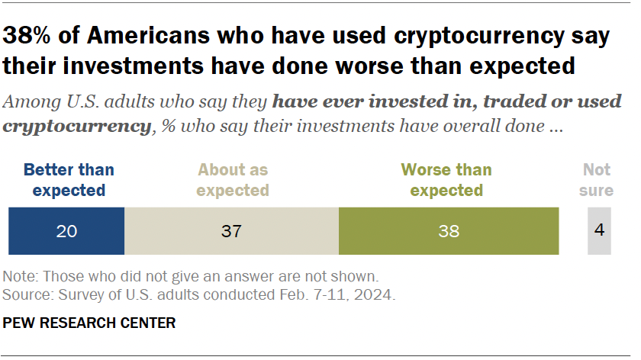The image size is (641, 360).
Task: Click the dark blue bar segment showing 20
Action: coord(66,230)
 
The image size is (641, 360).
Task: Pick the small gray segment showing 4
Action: coord(600,230)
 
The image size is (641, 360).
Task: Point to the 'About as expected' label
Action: coord(233,179)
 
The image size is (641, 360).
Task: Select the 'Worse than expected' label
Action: coord(446,179)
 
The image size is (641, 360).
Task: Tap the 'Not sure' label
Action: coord(597,179)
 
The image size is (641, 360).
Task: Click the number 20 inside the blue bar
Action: coord(66,230)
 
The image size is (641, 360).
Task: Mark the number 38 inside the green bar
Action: coord(449,230)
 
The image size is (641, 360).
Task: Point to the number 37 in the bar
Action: coord(231,230)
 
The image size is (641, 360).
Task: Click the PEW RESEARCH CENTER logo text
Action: coord(89,323)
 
